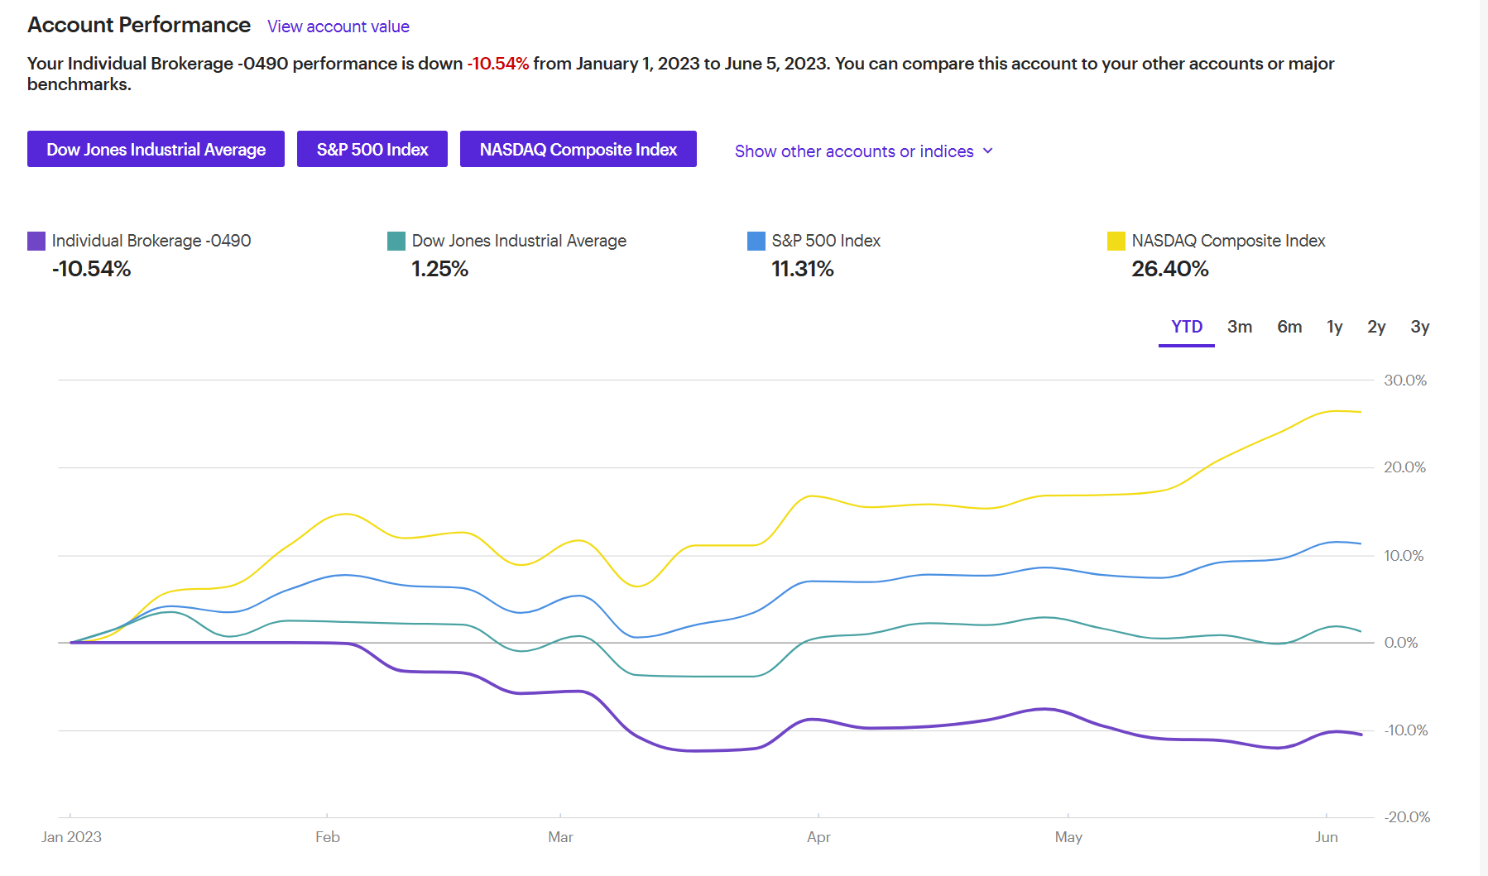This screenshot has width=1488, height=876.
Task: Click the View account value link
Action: click(338, 26)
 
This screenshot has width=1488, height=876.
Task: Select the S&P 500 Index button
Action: click(372, 149)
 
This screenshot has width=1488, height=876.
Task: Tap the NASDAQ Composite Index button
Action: click(578, 149)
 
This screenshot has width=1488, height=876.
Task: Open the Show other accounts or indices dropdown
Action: click(863, 151)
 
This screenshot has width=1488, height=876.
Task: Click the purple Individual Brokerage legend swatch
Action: click(36, 241)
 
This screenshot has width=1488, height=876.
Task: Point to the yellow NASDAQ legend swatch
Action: click(1116, 241)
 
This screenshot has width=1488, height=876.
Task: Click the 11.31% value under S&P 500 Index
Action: click(802, 269)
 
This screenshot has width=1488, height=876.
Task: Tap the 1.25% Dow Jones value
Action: click(439, 269)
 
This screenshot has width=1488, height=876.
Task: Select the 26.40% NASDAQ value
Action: click(1169, 269)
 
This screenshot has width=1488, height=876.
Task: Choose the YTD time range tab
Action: click(1186, 327)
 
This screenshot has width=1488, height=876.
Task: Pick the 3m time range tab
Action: click(1239, 327)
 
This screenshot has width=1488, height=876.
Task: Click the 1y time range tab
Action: click(1334, 327)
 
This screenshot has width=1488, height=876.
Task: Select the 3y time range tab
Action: click(1419, 327)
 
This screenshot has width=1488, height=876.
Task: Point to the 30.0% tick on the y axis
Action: click(1404, 381)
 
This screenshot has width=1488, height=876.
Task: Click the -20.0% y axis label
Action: click(1406, 817)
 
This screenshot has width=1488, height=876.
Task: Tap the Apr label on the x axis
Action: click(818, 837)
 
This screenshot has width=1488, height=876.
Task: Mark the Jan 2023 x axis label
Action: click(71, 837)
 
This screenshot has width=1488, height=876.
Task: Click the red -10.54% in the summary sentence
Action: click(497, 64)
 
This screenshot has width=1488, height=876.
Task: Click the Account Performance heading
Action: click(139, 25)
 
